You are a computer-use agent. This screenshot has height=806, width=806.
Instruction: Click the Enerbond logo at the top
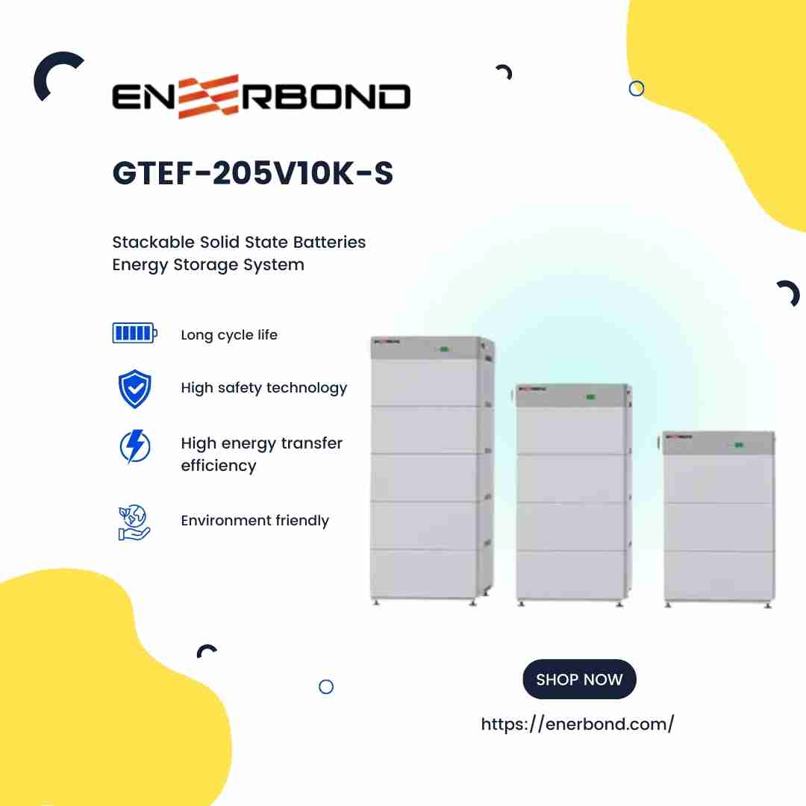[261, 97]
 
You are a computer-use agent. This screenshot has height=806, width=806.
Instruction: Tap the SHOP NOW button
[579, 679]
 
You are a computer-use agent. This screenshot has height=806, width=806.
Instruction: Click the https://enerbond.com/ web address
[578, 724]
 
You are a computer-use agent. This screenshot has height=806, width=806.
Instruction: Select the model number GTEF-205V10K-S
[252, 174]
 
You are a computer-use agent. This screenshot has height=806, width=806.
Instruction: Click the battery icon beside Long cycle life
[134, 333]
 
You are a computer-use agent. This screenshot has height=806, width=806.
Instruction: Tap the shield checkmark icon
[135, 389]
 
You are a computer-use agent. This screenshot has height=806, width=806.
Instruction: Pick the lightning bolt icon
[135, 446]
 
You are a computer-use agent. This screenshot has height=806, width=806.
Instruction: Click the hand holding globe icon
[134, 522]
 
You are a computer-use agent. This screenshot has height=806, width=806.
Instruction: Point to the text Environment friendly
[254, 521]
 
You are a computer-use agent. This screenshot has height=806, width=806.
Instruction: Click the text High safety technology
[263, 388]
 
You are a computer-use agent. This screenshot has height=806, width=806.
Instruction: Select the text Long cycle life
[229, 335]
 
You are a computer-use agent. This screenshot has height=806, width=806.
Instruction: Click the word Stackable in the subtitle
[153, 243]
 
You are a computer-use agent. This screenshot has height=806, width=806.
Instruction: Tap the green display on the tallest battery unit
[443, 349]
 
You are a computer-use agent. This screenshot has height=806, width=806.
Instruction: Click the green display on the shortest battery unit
[738, 445]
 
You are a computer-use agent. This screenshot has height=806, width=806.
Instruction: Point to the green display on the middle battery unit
[590, 396]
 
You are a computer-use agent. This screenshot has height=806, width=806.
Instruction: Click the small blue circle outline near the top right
[637, 89]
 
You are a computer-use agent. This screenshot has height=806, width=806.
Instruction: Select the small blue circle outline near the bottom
[326, 687]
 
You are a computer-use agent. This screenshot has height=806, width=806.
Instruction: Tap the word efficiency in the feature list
[219, 466]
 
